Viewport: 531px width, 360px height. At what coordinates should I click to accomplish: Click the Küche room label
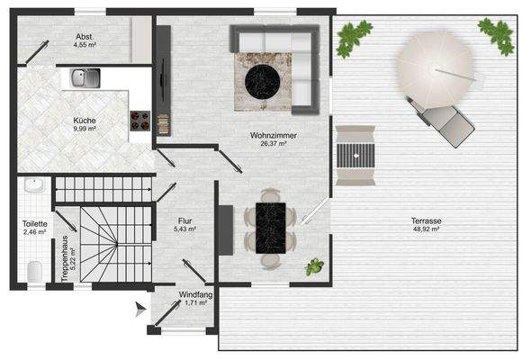click(85, 120)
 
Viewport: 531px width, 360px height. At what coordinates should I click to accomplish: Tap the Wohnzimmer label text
click(274, 134)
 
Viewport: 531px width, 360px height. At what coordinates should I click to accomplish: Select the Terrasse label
click(422, 220)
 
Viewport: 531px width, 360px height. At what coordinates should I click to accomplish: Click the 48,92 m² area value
click(422, 229)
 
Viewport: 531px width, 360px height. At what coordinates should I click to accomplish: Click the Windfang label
click(195, 293)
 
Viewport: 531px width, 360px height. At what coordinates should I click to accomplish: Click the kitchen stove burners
click(139, 120)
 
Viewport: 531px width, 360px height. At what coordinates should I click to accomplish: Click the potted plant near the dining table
click(314, 266)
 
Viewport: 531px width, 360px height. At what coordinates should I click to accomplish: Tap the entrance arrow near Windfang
click(138, 310)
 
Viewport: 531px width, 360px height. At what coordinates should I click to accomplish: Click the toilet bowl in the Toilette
click(32, 270)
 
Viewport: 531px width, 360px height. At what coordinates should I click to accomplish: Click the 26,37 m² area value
click(274, 143)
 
